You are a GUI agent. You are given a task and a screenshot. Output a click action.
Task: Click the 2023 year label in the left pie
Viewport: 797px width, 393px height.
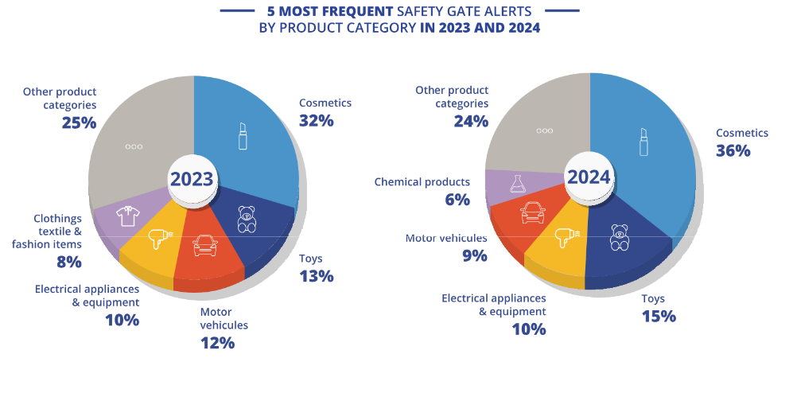click(192, 178)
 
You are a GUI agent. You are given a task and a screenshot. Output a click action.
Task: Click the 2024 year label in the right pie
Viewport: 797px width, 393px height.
click(589, 177)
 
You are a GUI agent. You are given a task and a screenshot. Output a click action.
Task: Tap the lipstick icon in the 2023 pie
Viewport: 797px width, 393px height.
click(243, 136)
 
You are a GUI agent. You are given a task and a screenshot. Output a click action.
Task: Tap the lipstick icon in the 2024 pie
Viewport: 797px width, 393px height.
click(644, 141)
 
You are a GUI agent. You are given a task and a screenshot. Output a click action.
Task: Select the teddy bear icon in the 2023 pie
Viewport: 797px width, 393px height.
click(247, 219)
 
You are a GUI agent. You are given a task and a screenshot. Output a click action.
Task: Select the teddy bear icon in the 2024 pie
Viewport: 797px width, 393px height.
click(620, 237)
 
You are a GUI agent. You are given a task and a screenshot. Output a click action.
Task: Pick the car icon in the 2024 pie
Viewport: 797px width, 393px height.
click(533, 212)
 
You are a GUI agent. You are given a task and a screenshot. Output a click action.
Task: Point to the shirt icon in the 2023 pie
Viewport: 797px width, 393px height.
click(128, 216)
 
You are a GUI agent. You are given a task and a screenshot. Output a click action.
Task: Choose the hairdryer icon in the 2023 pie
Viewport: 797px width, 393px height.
click(159, 237)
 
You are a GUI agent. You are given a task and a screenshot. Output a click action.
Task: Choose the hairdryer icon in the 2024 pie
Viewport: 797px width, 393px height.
click(566, 236)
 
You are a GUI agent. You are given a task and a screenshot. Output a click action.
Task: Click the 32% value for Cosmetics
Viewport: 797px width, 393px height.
click(316, 121)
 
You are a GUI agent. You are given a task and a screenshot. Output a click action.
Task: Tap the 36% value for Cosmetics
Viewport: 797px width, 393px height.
click(733, 150)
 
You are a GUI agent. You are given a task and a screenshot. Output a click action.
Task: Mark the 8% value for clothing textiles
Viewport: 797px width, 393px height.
click(68, 262)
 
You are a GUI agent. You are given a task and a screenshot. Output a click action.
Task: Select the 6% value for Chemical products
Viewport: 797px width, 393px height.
click(457, 200)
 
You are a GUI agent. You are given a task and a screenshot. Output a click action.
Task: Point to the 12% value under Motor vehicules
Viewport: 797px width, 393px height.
click(217, 343)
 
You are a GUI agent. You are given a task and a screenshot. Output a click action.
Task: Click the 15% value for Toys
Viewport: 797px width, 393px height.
click(659, 316)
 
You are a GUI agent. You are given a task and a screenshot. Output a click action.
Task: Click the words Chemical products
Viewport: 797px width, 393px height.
click(422, 182)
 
